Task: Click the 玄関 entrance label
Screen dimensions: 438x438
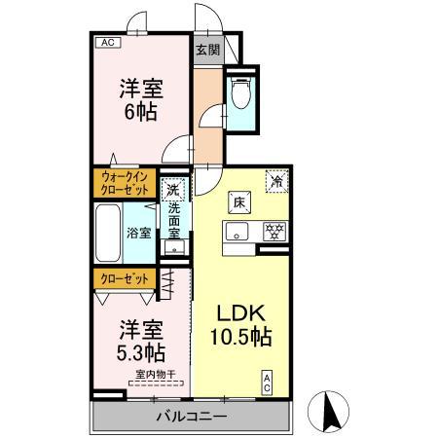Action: click(x=205, y=50)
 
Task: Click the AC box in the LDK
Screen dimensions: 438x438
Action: click(x=266, y=383)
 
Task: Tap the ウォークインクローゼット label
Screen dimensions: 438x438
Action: click(x=125, y=183)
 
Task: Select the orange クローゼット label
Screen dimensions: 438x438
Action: click(x=125, y=278)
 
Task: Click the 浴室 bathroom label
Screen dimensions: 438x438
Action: click(x=139, y=234)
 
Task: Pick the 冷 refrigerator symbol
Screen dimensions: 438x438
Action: click(x=277, y=181)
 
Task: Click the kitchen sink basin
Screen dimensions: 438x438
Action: click(x=238, y=232)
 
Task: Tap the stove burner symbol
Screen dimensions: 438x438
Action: click(x=274, y=232)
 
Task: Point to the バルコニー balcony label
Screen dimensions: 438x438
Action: click(x=192, y=418)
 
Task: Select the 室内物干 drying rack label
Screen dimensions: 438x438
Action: click(x=155, y=375)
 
